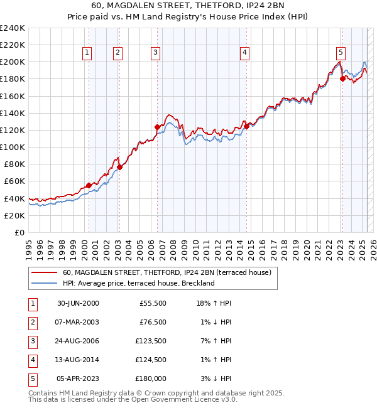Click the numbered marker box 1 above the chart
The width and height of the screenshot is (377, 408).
[x=86, y=53]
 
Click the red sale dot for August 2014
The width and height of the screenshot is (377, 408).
[x=246, y=126]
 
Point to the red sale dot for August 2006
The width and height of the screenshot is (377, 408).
[x=157, y=127]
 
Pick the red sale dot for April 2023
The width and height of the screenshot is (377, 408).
[x=342, y=78]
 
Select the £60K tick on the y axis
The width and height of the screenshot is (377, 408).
[x=16, y=181]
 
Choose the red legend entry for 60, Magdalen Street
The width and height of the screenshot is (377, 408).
[x=167, y=272]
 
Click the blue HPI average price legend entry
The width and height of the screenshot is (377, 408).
[x=139, y=283]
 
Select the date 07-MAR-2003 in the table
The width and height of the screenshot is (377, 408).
[x=78, y=322]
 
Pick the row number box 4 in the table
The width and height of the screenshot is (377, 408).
[x=32, y=360]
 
